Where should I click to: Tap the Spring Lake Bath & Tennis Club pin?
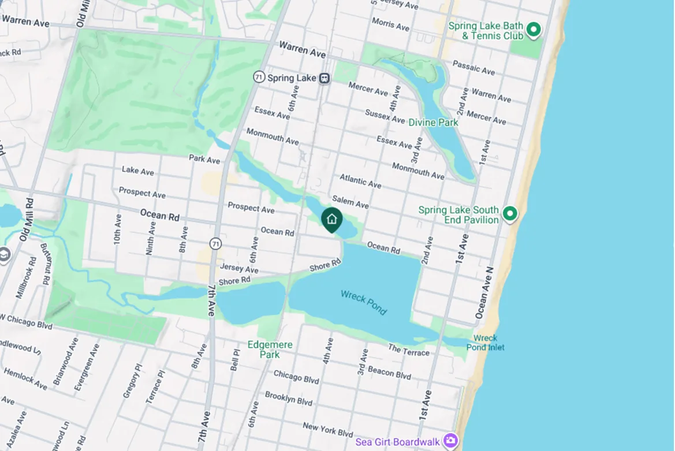tap(534, 29)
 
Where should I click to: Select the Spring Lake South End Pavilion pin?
tap(509, 214)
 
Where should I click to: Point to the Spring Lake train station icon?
tap(325, 78)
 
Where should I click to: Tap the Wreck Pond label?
tap(364, 302)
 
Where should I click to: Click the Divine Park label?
tap(433, 123)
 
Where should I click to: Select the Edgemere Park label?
tap(270, 349)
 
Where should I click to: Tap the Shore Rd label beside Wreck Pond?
tap(326, 267)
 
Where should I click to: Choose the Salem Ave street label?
tap(350, 201)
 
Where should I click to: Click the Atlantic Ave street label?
tap(360, 180)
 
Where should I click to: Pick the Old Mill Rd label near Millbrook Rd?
tap(26, 220)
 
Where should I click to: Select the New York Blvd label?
tap(327, 429)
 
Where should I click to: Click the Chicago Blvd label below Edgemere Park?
tap(296, 376)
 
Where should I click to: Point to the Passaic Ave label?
tap(473, 67)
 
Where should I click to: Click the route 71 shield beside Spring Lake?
tap(259, 77)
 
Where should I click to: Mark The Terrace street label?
tap(409, 350)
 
